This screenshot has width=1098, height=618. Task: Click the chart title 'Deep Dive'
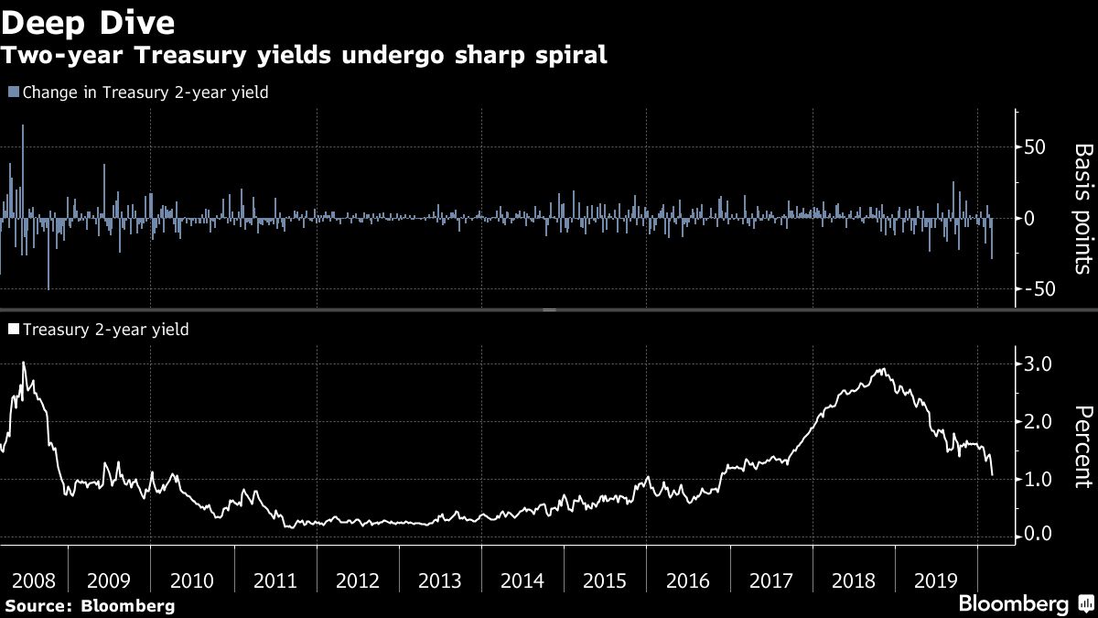[x=89, y=20]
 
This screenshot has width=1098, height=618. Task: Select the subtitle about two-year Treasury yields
[x=304, y=55]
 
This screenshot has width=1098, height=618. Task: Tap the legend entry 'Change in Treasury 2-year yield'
[x=138, y=92]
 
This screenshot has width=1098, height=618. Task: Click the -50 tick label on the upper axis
[x=1039, y=289]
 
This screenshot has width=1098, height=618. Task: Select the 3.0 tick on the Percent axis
[x=1039, y=364]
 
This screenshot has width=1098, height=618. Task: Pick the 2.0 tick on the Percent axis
[x=1039, y=422]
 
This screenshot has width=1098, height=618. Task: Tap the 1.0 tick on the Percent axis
[x=1039, y=479]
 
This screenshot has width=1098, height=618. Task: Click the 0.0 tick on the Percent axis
[x=1039, y=535]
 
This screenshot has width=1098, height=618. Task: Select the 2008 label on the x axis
[x=27, y=580]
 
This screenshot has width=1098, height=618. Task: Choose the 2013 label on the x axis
[x=440, y=580]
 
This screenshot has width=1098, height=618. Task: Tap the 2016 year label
[x=688, y=580]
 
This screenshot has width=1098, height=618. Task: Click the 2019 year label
[x=935, y=580]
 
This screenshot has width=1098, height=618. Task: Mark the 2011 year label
[x=275, y=580]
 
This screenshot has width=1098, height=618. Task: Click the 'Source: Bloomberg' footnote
[x=89, y=605]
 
